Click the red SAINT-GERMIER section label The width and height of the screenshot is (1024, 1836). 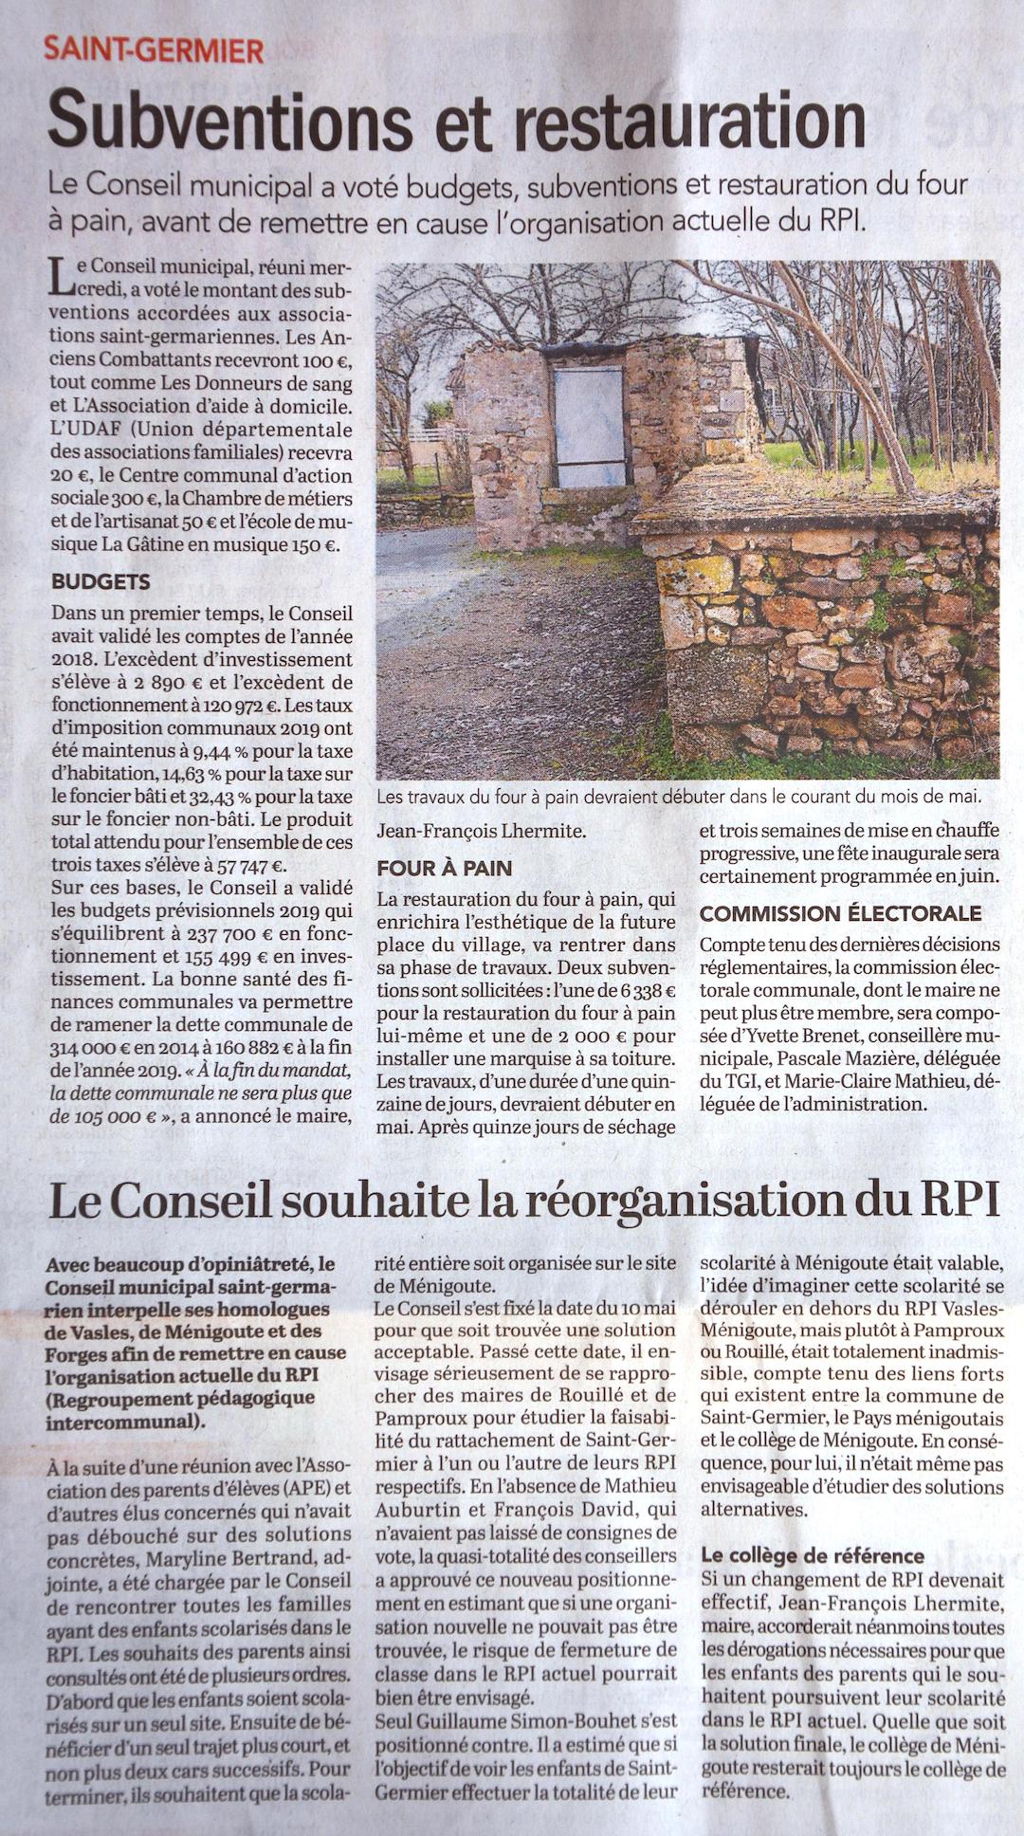tap(154, 50)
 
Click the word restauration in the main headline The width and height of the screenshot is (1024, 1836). tap(682, 120)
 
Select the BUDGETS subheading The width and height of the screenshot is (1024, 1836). tap(101, 581)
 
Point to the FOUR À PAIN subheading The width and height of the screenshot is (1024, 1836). tap(444, 868)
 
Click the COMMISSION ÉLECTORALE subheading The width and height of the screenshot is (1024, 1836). tap(840, 914)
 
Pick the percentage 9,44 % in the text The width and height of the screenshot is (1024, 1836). tap(219, 752)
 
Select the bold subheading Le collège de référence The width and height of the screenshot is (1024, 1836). tap(813, 1555)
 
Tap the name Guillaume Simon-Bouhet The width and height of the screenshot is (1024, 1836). tap(533, 1718)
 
